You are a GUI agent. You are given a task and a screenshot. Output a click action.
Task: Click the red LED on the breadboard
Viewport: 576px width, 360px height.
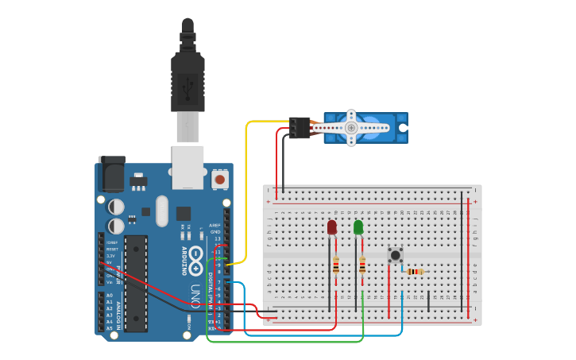click(331, 227)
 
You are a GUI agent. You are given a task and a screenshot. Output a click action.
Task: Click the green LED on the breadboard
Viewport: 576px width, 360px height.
click(358, 227)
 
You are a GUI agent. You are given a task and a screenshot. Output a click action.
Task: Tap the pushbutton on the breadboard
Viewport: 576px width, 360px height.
click(395, 255)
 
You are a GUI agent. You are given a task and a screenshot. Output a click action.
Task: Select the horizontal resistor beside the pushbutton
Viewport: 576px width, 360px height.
click(414, 271)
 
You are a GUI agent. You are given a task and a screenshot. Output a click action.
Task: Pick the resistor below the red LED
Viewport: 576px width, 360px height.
click(336, 265)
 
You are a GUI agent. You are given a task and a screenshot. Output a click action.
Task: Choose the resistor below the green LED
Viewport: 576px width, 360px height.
click(362, 265)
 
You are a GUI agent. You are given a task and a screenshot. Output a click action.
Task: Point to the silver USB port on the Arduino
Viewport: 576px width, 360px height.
click(187, 167)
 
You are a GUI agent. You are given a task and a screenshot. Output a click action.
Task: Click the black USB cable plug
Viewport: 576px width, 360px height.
click(187, 83)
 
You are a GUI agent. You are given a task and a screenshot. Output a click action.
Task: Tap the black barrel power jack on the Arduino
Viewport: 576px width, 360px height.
click(111, 174)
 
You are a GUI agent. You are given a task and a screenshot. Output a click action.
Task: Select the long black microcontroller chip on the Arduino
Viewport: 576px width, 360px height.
click(136, 283)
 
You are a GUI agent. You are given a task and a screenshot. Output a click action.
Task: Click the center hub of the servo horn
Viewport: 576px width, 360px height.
click(350, 127)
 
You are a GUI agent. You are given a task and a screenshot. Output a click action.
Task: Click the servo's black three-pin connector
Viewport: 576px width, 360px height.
click(300, 127)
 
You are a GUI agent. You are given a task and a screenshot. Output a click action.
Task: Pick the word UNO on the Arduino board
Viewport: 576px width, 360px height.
click(195, 295)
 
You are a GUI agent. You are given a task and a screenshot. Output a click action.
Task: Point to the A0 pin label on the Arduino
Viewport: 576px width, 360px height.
click(110, 295)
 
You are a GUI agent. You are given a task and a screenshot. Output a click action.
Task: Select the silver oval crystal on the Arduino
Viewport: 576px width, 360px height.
click(162, 211)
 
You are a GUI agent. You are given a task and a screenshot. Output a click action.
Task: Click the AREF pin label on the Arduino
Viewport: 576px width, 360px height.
click(215, 225)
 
